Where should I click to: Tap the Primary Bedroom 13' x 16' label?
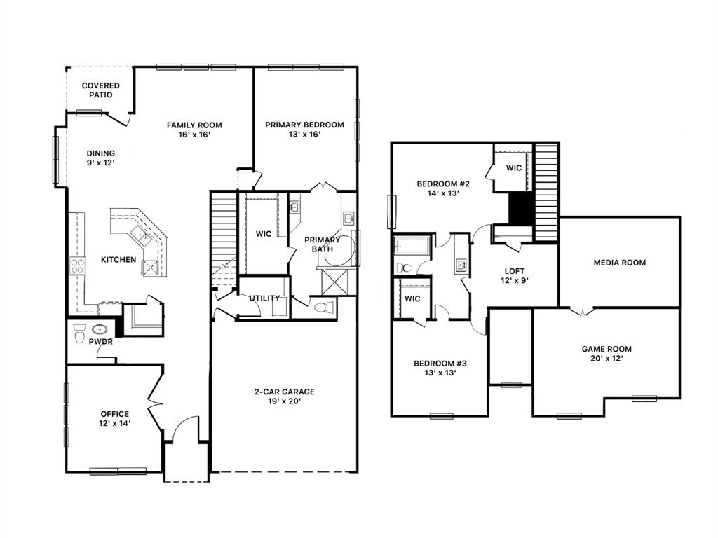pos(304,130)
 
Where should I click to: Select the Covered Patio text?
pos(100,90)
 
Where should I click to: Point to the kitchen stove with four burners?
pos(77,265)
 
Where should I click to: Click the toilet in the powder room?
pos(79,331)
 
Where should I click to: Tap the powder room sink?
pos(100,330)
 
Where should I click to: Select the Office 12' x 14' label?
pos(114,418)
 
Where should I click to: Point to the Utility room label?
pos(264,298)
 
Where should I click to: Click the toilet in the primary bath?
pos(322,307)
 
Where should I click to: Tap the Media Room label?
pos(619,263)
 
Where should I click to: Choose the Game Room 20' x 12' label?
pos(607,353)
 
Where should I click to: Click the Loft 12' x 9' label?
pos(515,276)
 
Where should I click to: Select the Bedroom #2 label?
pos(442,189)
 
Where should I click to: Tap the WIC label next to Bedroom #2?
pos(513,168)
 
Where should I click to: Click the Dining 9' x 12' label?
pos(101,158)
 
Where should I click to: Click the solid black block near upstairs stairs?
pos(520,207)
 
